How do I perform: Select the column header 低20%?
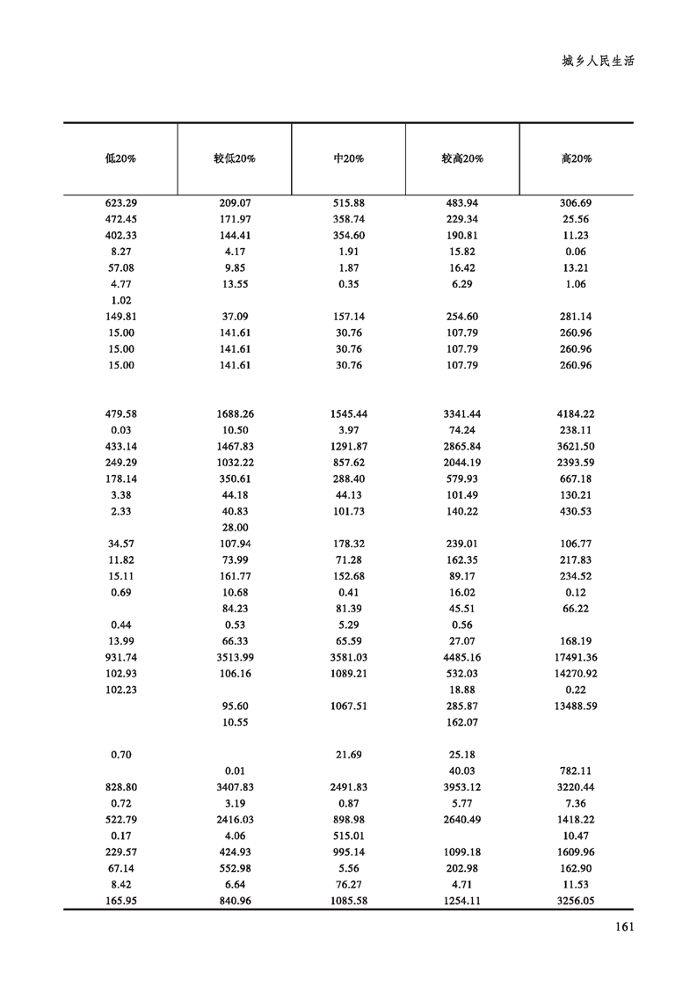pyautogui.click(x=120, y=159)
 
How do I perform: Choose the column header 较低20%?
pyautogui.click(x=235, y=159)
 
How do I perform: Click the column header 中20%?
pyautogui.click(x=349, y=159)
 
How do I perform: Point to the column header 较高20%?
pyautogui.click(x=462, y=159)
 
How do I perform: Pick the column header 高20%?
pyautogui.click(x=577, y=159)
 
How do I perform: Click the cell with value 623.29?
pyautogui.click(x=120, y=203)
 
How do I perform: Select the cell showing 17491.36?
pyautogui.click(x=577, y=657)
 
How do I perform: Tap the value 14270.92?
pyautogui.click(x=577, y=674)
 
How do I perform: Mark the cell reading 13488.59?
pyautogui.click(x=577, y=706)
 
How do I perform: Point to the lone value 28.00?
pyautogui.click(x=235, y=528)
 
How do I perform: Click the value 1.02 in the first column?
pyautogui.click(x=120, y=301)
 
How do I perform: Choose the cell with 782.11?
pyautogui.click(x=577, y=771)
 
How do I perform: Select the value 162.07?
pyautogui.click(x=462, y=722)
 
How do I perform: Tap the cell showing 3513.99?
pyautogui.click(x=235, y=657)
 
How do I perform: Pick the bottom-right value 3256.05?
pyautogui.click(x=577, y=902)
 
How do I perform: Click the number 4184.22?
pyautogui.click(x=577, y=414)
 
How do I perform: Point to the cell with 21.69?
pyautogui.click(x=349, y=755)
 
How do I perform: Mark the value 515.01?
pyautogui.click(x=349, y=837)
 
